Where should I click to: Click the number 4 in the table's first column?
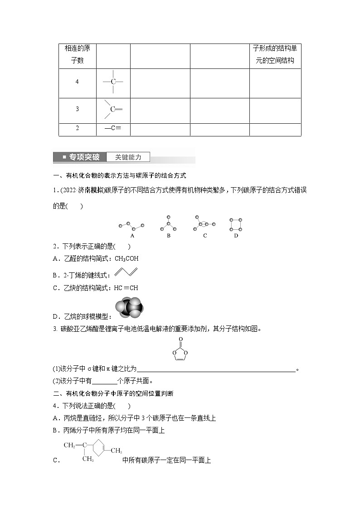[x=77, y=82]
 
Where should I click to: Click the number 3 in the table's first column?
[x=77, y=109]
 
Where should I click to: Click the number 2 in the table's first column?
[x=77, y=128]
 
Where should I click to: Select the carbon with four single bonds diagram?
[x=113, y=82]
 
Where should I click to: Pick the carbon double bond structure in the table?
[x=113, y=109]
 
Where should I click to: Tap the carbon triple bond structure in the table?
[x=113, y=128]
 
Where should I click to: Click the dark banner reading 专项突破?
[x=80, y=157]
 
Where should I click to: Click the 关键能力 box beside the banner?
[x=128, y=157]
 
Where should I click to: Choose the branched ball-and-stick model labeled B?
[x=168, y=223]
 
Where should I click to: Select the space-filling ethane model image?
[x=128, y=310]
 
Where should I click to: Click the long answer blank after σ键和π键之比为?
[x=216, y=369]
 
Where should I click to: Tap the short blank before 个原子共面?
[x=105, y=381]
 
